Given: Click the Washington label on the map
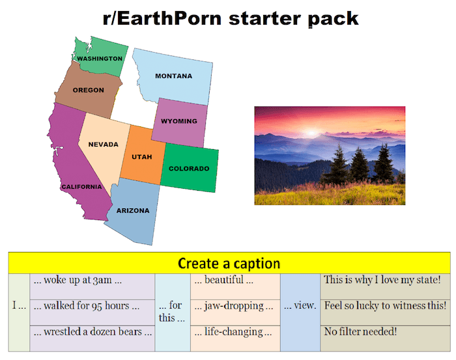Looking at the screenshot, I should tap(100, 59).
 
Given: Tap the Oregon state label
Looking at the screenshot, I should tap(88, 90).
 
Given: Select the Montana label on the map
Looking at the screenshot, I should tap(173, 76).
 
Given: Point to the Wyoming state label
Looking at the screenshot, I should tap(178, 121).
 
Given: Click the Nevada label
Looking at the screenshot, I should tap(103, 145).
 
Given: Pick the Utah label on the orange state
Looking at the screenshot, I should tap(142, 157).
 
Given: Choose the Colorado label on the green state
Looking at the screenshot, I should tap(189, 169).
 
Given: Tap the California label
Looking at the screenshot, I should tap(81, 187).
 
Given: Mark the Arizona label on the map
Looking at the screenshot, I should tap(132, 210).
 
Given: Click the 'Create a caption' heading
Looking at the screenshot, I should tap(229, 264).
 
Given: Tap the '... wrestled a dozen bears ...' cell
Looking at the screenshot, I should tap(92, 331).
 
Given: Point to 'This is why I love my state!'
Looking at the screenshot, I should tap(382, 280).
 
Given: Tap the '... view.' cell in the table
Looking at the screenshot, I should tap(300, 305).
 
